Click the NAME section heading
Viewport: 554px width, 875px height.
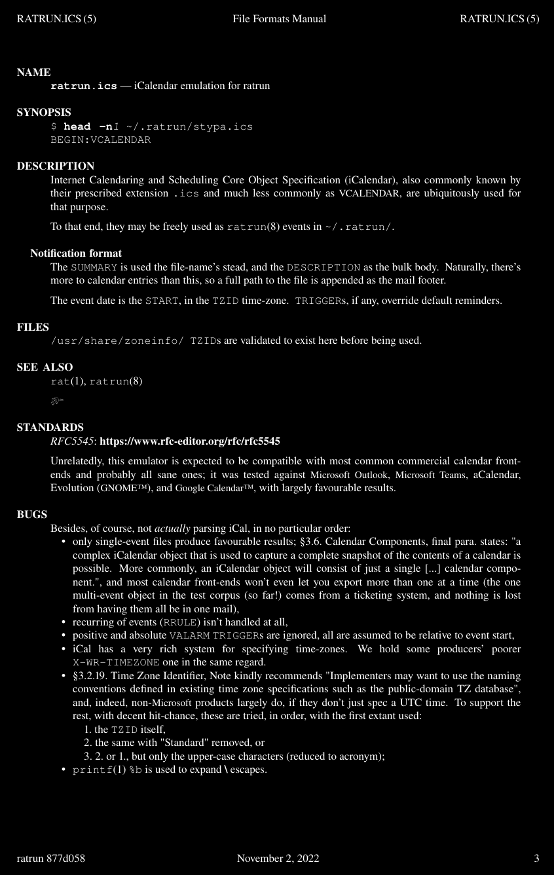(x=33, y=73)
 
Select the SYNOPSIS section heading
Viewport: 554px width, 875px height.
(x=44, y=113)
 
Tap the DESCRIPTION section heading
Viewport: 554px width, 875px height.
(x=56, y=166)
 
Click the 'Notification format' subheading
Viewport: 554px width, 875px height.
(x=76, y=253)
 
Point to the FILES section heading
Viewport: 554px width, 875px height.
(x=33, y=327)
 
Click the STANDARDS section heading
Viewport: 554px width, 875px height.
(x=50, y=428)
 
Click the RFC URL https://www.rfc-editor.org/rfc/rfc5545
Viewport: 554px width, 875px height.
(x=190, y=441)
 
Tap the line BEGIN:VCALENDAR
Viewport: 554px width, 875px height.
(x=100, y=140)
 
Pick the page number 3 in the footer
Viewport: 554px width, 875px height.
(x=536, y=858)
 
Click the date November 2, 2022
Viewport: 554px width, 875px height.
(x=278, y=858)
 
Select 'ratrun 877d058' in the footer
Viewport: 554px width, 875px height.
(x=51, y=858)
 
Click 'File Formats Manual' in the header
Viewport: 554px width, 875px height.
(x=279, y=19)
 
